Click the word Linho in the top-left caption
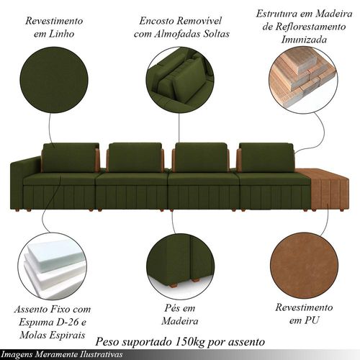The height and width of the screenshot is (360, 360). point(61,34)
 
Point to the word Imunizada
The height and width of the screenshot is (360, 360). point(304,40)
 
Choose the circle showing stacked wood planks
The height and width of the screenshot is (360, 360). point(303,81)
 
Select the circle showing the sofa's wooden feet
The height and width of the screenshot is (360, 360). point(180,266)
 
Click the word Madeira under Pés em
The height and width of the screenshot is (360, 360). point(180,321)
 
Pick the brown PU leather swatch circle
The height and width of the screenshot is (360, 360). point(304,266)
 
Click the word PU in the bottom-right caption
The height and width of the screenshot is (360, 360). point(312,320)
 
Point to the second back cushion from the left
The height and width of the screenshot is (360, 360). point(135,158)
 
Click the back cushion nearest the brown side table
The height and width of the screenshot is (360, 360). point(266,158)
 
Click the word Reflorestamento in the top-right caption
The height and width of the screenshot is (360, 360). point(304,27)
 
